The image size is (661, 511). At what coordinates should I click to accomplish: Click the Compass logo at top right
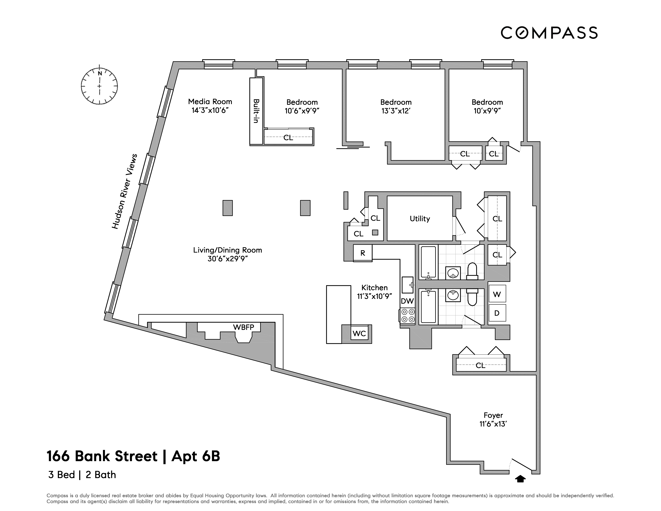[x=549, y=33]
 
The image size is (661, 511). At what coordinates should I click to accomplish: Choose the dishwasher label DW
[x=407, y=301]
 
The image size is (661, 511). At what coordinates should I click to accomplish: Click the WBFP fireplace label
[x=243, y=327]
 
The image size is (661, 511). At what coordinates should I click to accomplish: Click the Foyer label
[x=493, y=415]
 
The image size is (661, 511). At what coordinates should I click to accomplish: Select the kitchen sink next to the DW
[x=407, y=285]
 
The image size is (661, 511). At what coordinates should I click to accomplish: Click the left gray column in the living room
[x=228, y=208]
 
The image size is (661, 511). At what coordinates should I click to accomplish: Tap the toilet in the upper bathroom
[x=472, y=271]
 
